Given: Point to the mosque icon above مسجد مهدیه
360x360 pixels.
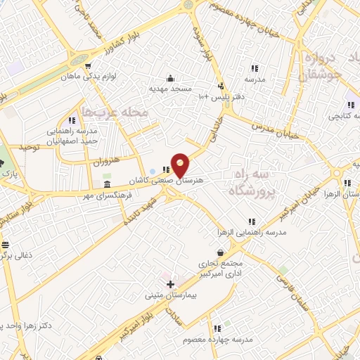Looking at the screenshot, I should pyautogui.click(x=169, y=78).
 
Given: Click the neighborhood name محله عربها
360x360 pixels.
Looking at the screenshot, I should pyautogui.click(x=115, y=111).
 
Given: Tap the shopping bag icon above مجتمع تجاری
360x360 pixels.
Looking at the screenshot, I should pyautogui.click(x=221, y=252).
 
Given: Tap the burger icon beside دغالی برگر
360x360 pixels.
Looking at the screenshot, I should pyautogui.click(x=6, y=245).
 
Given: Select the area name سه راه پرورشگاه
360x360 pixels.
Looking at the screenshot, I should pyautogui.click(x=251, y=181).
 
